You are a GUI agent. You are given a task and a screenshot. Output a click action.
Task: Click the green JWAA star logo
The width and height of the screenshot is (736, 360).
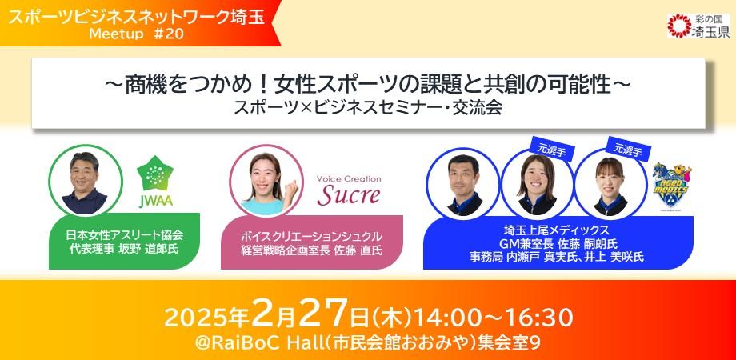156,178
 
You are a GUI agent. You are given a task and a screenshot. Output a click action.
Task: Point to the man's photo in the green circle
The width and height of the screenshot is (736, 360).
84,180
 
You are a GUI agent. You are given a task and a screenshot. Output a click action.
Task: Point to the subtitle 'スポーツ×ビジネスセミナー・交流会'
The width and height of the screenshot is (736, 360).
367,107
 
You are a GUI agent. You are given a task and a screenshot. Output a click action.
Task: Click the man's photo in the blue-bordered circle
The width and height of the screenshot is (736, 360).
462,182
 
